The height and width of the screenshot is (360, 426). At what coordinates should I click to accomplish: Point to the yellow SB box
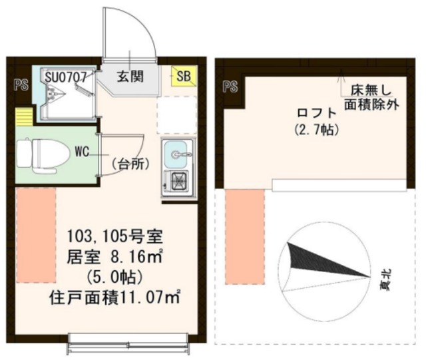click(183, 77)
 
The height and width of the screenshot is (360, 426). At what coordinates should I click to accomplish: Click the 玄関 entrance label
click(130, 76)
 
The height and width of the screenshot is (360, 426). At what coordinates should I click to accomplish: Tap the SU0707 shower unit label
click(65, 76)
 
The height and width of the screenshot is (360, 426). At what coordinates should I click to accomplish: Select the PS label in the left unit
click(21, 85)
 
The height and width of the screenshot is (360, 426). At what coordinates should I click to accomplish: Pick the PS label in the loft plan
click(231, 87)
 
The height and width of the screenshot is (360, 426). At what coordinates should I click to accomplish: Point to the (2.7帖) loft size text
click(316, 130)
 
